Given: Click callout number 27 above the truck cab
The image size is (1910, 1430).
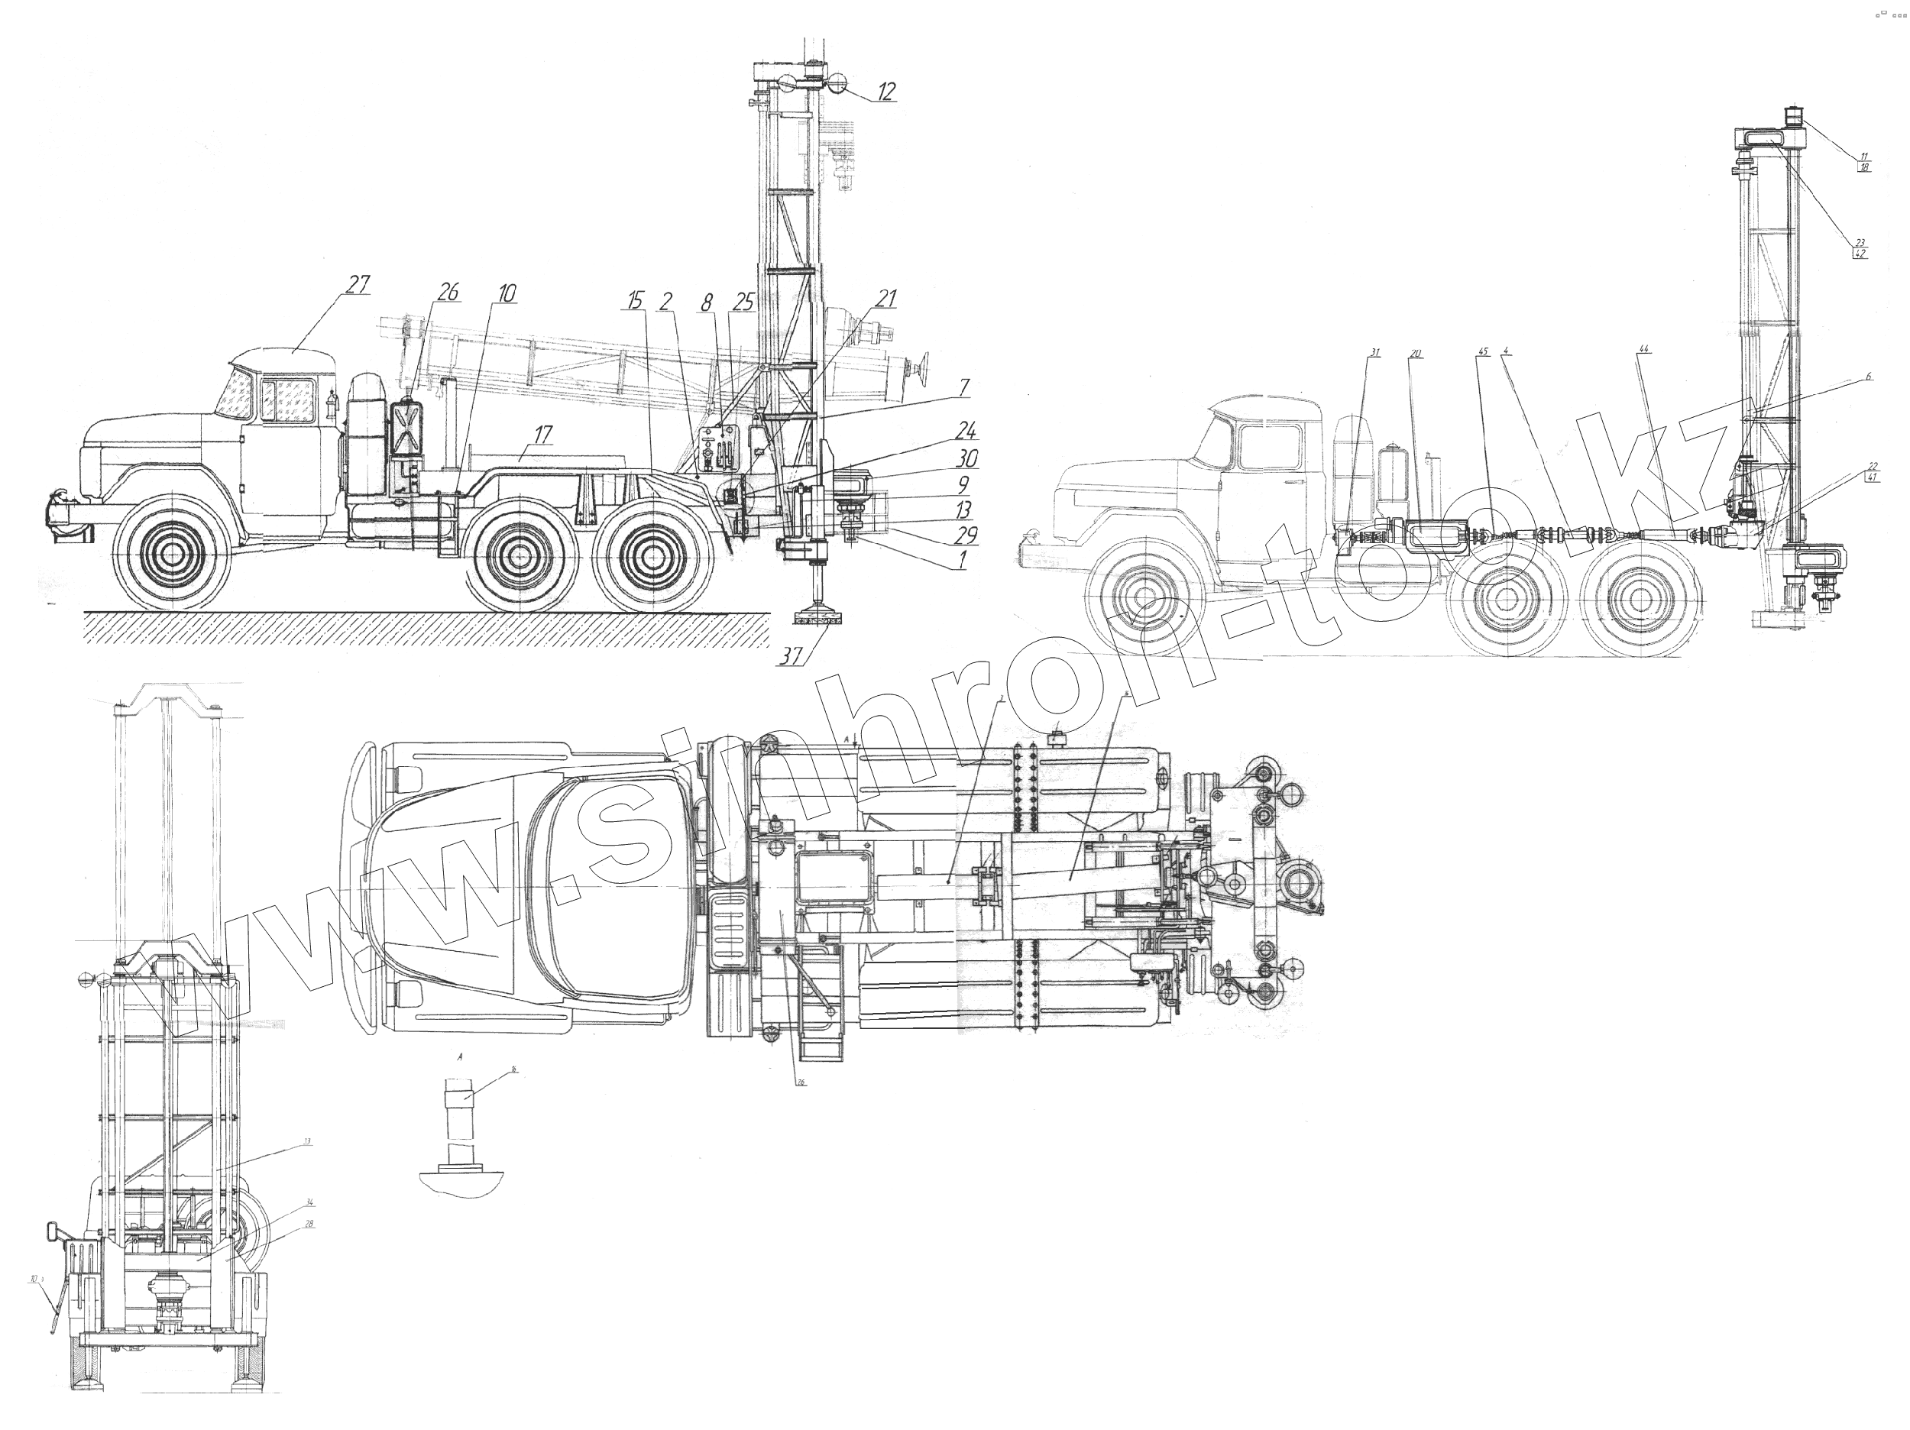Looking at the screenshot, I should (x=358, y=284).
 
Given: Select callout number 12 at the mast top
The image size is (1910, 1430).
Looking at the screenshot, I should (x=887, y=92).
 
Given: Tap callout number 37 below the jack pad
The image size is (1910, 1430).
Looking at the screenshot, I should (x=790, y=656).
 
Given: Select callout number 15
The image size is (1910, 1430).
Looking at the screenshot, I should (x=636, y=300).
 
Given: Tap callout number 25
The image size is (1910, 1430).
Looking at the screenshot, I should (x=743, y=302).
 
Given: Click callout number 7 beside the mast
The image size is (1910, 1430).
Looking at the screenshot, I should (x=963, y=386).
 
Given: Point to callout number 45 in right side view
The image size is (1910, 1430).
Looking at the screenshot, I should (x=1483, y=352).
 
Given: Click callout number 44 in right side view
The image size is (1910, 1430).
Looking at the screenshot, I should (x=1644, y=349).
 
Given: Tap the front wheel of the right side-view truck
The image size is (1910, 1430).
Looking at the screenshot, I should (x=1145, y=596).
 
